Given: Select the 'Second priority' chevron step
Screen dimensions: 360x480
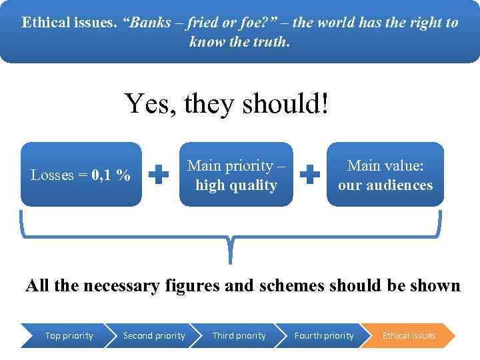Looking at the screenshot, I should click(x=153, y=335).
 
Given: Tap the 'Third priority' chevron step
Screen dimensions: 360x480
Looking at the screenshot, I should click(x=238, y=335).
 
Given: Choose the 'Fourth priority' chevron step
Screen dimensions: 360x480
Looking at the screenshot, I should click(x=323, y=335).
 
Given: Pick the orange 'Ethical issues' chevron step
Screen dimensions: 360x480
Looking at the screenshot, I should click(x=409, y=335).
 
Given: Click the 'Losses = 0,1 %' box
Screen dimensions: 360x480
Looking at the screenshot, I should click(x=81, y=175).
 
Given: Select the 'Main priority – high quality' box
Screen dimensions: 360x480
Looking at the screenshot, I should click(x=236, y=175).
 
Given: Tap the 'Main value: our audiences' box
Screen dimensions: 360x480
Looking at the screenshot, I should click(x=385, y=175).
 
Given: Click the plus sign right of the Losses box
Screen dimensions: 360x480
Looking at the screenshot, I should click(x=158, y=175).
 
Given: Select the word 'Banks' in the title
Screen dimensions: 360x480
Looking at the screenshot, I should click(x=150, y=22).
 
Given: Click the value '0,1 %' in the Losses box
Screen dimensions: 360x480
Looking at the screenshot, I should click(x=111, y=175).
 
